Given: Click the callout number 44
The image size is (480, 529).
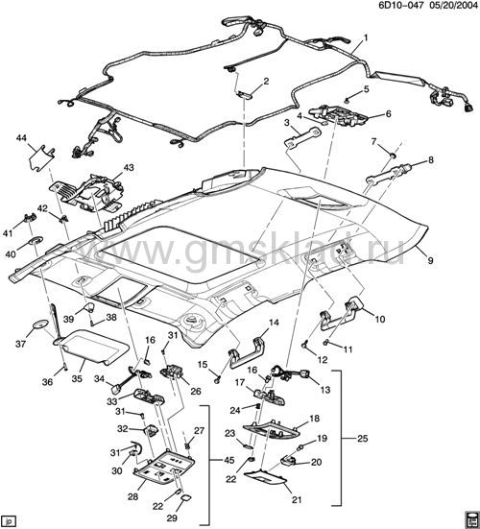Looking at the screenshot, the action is [21, 138].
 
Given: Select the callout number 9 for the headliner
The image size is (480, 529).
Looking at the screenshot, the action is [431, 260].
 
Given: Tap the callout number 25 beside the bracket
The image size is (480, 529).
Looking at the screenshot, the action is [363, 439].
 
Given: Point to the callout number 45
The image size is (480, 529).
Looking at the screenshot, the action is [229, 460].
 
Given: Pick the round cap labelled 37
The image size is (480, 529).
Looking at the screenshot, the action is [39, 325].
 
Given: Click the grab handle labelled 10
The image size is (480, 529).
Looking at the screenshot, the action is [341, 312].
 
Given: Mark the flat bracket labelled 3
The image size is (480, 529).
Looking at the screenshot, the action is [302, 136].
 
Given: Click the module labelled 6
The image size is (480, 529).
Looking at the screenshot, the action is [338, 115].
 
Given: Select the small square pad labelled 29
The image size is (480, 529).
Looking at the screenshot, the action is [185, 497].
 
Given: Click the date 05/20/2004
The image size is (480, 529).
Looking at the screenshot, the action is [451, 6].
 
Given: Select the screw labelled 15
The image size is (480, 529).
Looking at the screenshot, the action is [218, 380].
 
